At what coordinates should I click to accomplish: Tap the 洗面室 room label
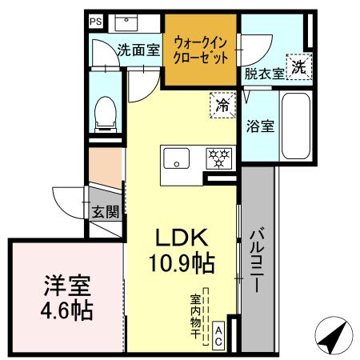[x=138, y=50]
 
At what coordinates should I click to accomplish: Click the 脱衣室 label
[x=264, y=74]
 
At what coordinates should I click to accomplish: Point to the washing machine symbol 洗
[x=298, y=68]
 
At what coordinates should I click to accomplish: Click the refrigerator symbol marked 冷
[x=223, y=104]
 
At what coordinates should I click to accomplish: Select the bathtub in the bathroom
[x=296, y=126]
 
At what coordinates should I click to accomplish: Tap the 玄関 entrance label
[x=105, y=212]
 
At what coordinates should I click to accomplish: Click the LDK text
[x=182, y=238]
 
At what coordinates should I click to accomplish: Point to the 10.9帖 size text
[x=182, y=261]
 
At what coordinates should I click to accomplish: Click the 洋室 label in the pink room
[x=67, y=286]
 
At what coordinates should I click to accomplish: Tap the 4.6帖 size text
[x=67, y=310]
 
